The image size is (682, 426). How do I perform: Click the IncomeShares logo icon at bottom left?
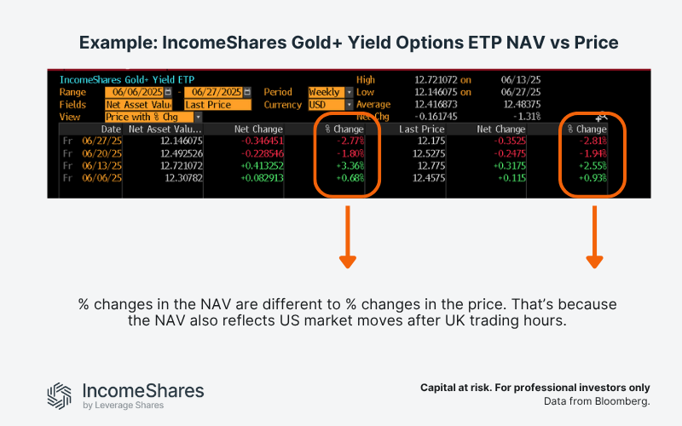[x=60, y=394]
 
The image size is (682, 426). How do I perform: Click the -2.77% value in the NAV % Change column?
[x=351, y=141]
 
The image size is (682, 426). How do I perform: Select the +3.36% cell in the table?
[x=351, y=166]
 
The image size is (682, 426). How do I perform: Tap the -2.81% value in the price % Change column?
[x=592, y=141]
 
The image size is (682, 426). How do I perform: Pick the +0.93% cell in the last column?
[x=592, y=178]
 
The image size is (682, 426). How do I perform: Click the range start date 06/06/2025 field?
[x=135, y=92]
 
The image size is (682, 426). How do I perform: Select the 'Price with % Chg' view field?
[x=149, y=117]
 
